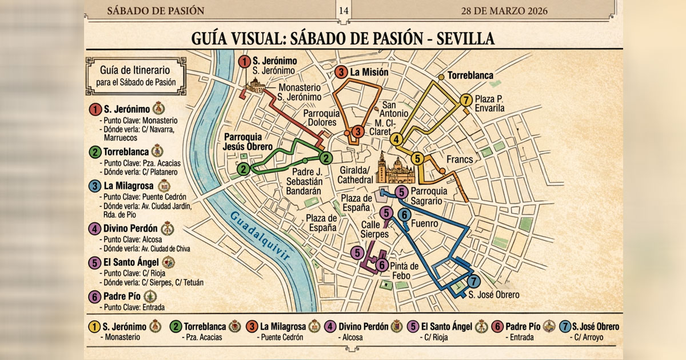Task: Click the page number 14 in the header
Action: [x=343, y=11]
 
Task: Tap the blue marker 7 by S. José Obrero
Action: [x=473, y=281]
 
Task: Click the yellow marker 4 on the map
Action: [x=396, y=138]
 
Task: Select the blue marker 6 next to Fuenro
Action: [x=404, y=215]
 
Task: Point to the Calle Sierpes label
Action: [x=374, y=229]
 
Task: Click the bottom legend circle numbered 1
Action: [x=94, y=327]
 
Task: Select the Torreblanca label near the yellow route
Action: [x=470, y=75]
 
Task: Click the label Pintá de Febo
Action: [x=405, y=271]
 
